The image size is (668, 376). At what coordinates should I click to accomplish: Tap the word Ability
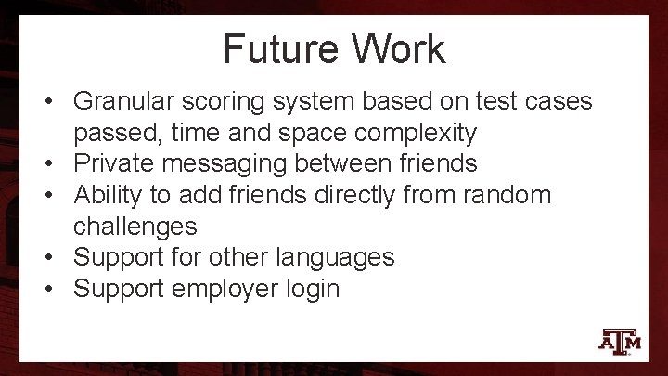(107, 195)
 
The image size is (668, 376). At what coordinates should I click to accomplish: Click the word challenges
(135, 227)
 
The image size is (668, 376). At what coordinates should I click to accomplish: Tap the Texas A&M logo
(620, 341)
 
